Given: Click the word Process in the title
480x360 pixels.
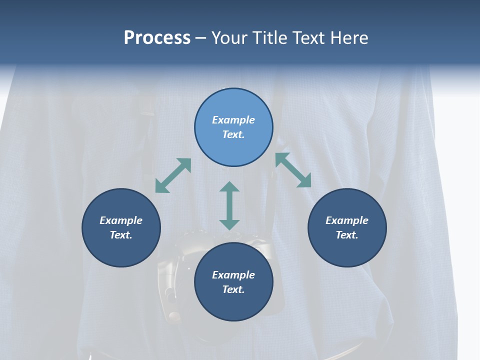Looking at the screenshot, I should click(157, 38).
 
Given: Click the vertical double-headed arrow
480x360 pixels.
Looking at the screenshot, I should click(229, 206).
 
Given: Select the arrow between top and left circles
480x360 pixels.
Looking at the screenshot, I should click(173, 175).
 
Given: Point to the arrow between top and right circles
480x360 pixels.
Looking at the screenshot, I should click(293, 170).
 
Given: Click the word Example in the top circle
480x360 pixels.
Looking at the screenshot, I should click(233, 120).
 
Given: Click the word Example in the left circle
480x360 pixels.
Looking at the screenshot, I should click(121, 220).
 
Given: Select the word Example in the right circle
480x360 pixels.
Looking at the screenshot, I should click(347, 220).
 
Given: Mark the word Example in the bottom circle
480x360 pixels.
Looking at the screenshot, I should click(233, 275).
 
